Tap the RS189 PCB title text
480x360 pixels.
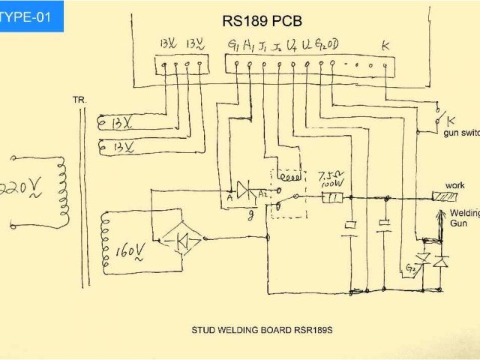(262, 20)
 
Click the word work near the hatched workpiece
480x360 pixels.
(454, 185)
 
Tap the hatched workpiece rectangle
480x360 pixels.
(448, 197)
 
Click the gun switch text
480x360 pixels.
(460, 133)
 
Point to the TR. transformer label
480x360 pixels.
(79, 99)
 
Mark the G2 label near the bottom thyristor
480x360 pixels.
(409, 268)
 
